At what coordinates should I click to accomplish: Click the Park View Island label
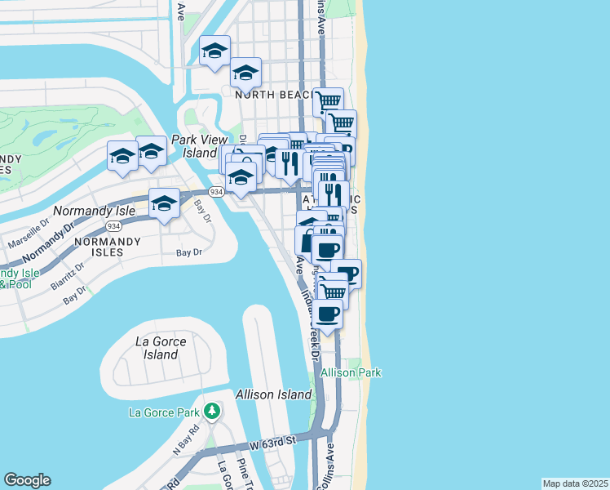(193, 146)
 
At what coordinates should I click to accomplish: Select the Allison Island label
(273, 394)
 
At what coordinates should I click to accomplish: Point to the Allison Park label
(351, 372)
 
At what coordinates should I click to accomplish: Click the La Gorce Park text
(164, 412)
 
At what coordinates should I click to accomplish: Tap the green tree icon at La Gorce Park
(212, 410)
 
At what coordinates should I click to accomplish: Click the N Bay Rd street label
(186, 439)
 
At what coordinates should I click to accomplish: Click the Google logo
(27, 480)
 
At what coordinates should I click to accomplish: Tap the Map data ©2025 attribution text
(575, 483)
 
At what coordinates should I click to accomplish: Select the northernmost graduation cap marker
(214, 51)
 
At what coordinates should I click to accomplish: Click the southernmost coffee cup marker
(328, 314)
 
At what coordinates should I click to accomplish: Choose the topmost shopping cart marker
(328, 102)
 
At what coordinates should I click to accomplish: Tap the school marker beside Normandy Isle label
(164, 203)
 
